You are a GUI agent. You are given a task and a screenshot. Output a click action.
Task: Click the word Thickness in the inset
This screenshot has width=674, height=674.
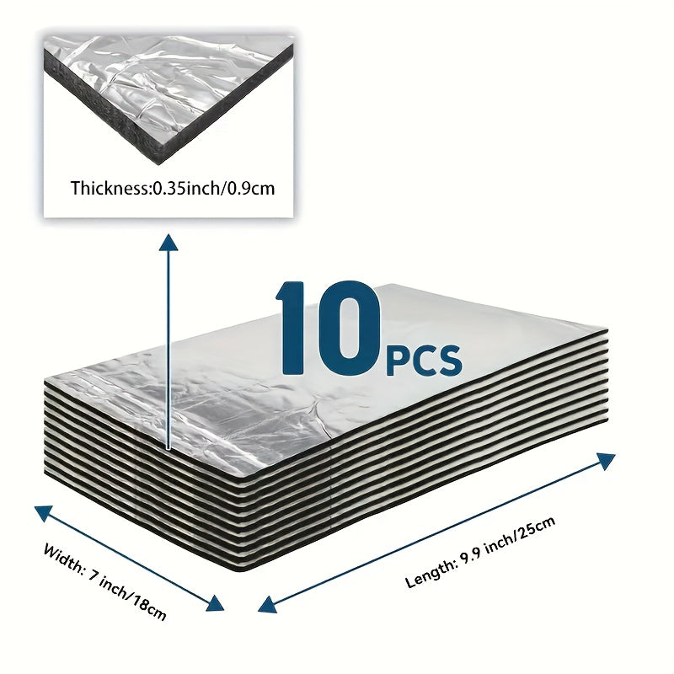pyautogui.click(x=110, y=188)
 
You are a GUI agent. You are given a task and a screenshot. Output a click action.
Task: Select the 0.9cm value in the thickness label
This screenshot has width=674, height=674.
pyautogui.click(x=249, y=188)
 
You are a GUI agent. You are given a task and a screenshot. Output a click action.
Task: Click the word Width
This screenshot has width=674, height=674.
pyautogui.click(x=64, y=558)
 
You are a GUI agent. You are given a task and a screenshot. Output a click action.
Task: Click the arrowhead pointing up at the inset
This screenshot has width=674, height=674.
pyautogui.click(x=168, y=242)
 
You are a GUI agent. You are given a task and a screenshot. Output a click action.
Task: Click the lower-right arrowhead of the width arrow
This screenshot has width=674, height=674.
pyautogui.click(x=215, y=602)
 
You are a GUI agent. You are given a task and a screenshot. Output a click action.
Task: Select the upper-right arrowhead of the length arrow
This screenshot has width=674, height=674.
pyautogui.click(x=605, y=461)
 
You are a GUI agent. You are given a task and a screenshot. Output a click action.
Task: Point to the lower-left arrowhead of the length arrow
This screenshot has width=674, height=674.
pyautogui.click(x=267, y=605)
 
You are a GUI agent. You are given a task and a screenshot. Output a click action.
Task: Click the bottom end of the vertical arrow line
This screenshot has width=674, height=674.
pyautogui.click(x=168, y=450)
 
